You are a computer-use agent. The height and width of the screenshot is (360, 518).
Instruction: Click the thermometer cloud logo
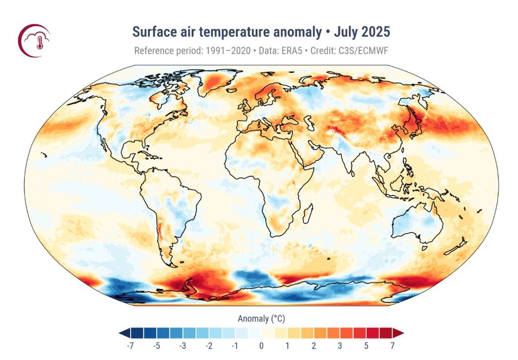tap(34, 41)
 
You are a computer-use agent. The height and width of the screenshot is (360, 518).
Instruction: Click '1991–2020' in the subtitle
tap(226, 51)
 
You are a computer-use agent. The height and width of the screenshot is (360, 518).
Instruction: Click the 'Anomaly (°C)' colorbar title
tap(261, 319)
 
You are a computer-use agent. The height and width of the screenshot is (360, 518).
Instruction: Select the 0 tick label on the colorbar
tap(261, 346)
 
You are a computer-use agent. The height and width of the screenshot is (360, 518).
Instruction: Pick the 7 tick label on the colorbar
tap(392, 346)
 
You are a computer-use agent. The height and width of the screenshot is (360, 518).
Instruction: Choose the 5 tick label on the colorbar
tap(366, 346)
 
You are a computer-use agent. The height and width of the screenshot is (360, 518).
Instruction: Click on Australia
tap(415, 223)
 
